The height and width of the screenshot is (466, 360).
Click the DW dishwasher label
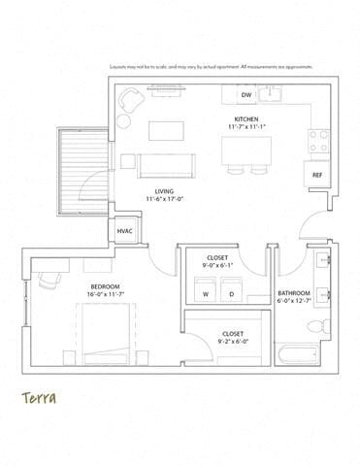[246, 95]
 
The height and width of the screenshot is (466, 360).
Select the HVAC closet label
[125, 232]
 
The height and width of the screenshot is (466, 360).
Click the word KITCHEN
[247, 119]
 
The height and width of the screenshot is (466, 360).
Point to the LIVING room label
[165, 191]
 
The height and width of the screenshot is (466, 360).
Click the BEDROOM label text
[105, 286]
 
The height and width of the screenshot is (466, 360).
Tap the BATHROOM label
[293, 293]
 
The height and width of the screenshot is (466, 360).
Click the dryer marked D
[231, 293]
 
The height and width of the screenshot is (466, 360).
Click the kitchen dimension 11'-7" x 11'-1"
[247, 128]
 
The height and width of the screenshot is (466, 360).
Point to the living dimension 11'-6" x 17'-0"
[165, 200]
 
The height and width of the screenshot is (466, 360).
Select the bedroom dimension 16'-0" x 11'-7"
[105, 295]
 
